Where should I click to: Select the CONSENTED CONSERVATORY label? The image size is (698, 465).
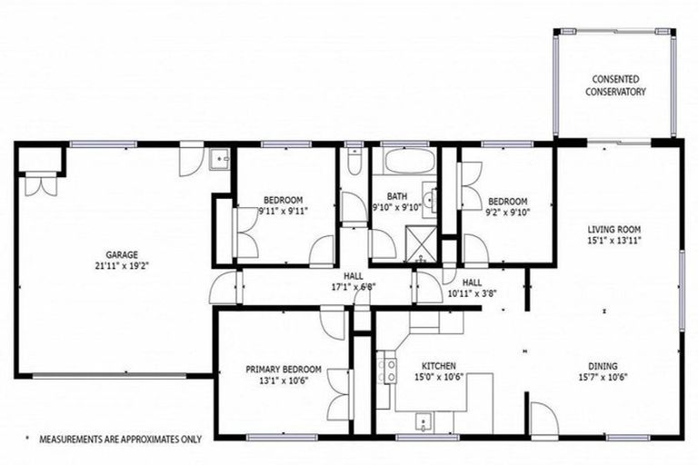(x=615, y=85)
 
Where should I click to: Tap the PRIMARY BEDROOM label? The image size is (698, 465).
(x=284, y=370)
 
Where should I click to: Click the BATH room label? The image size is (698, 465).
(x=397, y=195)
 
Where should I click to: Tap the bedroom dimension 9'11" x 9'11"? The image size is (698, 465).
(x=284, y=211)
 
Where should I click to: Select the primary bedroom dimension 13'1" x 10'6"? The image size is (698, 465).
(x=284, y=381)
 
